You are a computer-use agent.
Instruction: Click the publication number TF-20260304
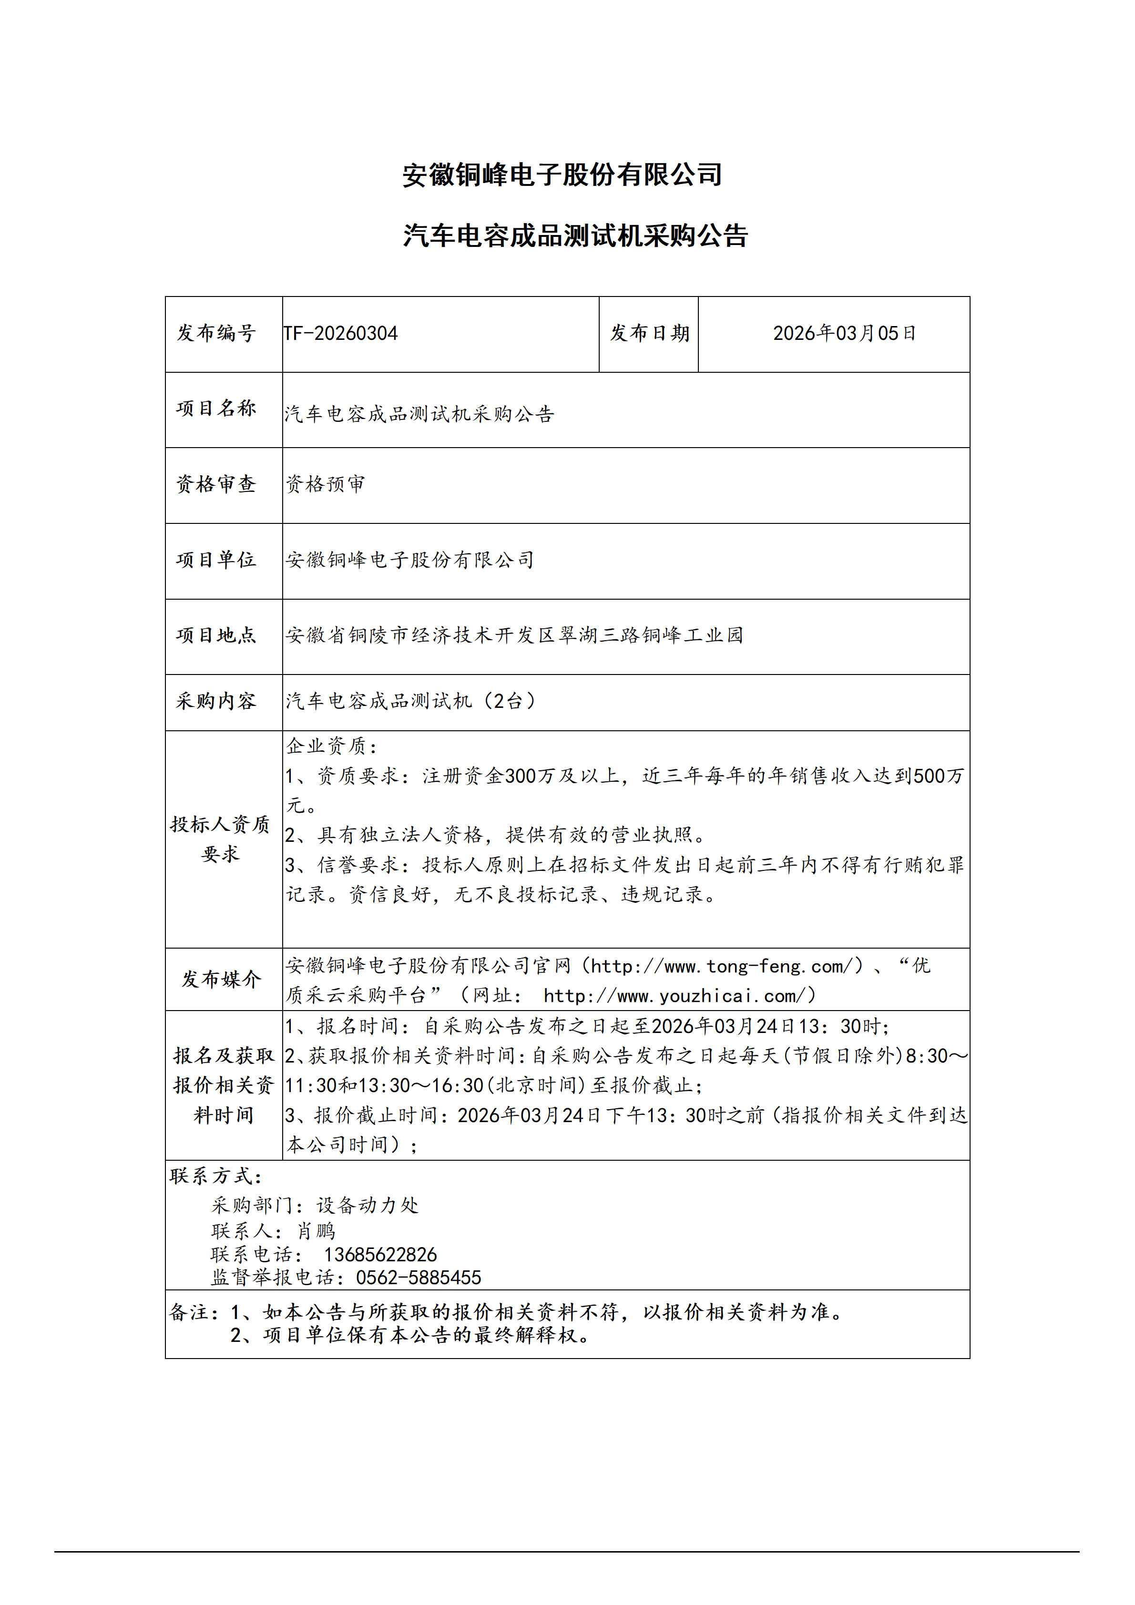(340, 334)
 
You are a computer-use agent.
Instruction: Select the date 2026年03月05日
(844, 334)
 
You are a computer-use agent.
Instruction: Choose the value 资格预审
(326, 484)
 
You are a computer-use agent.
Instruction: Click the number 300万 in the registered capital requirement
(529, 776)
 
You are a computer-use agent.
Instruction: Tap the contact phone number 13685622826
(380, 1254)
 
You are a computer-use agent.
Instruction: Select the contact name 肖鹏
(316, 1230)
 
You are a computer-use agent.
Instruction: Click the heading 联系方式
(215, 1176)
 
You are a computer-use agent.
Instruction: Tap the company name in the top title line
(562, 175)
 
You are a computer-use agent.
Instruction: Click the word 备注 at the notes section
(189, 1312)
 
